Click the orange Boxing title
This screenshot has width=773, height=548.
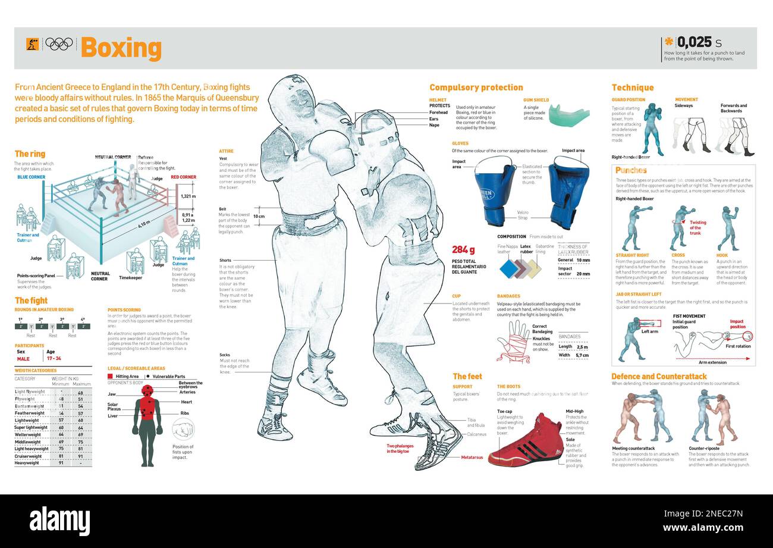click(121, 48)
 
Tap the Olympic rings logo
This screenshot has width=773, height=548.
click(59, 44)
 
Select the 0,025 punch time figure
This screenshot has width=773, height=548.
click(694, 42)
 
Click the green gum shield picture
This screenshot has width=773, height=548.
click(568, 115)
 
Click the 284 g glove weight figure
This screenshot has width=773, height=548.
click(463, 249)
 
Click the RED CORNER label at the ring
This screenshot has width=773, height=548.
click(184, 177)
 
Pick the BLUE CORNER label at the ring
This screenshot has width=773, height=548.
click(32, 177)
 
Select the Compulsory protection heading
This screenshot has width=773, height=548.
click(476, 87)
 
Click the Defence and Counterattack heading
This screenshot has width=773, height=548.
click(659, 376)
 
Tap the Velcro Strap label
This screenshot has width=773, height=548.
click(522, 214)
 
